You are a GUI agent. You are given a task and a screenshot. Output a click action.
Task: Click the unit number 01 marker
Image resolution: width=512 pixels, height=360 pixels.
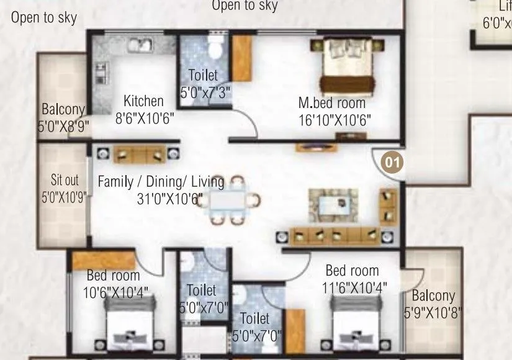point(391,163)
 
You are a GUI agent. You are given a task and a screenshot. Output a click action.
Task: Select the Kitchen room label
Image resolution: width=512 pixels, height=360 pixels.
point(143,101)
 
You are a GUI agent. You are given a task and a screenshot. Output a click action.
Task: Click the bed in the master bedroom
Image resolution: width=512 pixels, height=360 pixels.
point(348,73)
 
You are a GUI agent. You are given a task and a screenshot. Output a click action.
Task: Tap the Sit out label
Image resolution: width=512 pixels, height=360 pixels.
point(65,181)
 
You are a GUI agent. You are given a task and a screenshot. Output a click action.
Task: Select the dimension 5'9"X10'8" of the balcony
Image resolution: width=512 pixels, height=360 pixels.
point(433,313)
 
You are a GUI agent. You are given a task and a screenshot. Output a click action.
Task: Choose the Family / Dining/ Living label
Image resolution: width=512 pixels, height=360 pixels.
point(161,182)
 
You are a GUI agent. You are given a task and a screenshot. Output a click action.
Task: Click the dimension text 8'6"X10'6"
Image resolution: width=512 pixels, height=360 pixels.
point(145,117)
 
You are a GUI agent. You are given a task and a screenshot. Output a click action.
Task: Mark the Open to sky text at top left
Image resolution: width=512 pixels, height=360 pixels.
point(43,18)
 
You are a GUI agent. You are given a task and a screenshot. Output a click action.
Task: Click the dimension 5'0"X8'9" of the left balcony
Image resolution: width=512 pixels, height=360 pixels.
point(63,127)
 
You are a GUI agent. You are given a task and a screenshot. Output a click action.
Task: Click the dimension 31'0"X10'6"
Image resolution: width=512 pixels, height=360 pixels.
point(170,199)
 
